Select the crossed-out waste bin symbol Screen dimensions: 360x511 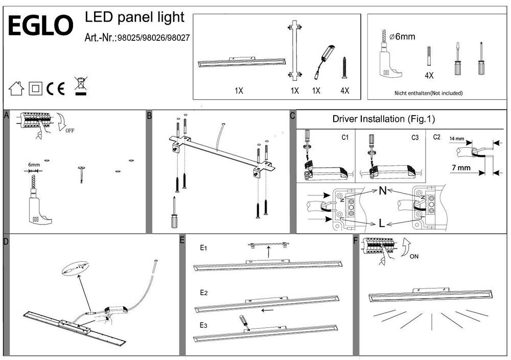click(x=79, y=85)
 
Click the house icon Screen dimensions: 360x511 click(x=17, y=88)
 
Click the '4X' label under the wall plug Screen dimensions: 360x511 click(x=429, y=75)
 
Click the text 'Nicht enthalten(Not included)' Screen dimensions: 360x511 click(x=428, y=93)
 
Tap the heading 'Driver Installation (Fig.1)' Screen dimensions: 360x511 click(x=383, y=120)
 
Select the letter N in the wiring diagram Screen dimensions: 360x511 click(x=382, y=191)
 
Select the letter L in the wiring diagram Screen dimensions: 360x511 click(x=382, y=223)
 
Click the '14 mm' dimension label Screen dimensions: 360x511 click(x=457, y=139)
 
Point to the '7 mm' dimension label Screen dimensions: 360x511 click(x=461, y=168)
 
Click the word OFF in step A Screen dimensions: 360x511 click(x=70, y=130)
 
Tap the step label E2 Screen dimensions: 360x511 click(x=203, y=293)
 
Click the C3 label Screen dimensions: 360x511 click(x=415, y=137)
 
